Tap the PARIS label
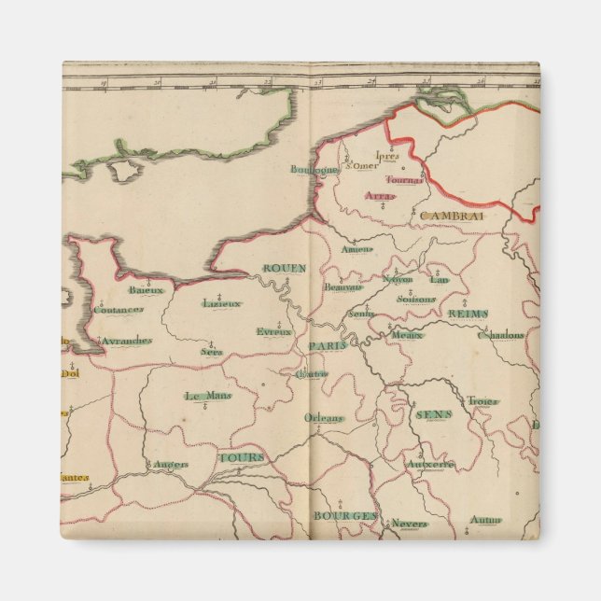tap(328, 345)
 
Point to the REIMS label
tap(468, 314)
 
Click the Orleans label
tap(324, 418)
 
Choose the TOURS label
tap(242, 457)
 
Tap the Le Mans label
tap(207, 396)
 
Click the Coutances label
tap(119, 309)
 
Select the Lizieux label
tap(222, 303)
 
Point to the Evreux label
tap(274, 331)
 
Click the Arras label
tap(379, 196)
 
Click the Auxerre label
tap(430, 464)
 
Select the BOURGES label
tap(344, 515)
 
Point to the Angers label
tap(171, 464)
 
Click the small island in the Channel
tap(124, 171)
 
